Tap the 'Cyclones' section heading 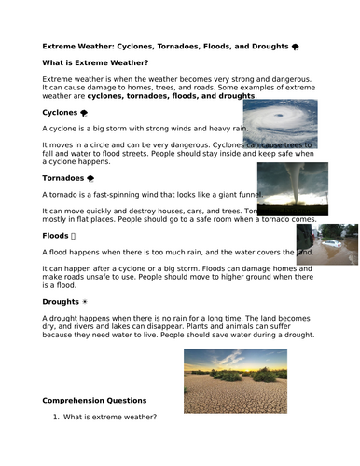tap(60, 111)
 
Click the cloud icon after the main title tap(295, 45)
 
